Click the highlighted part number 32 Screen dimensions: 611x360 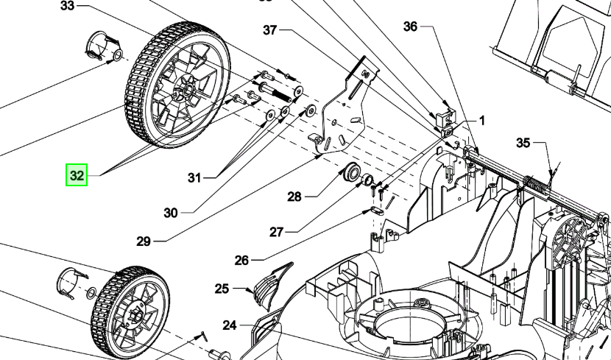[x=77, y=175]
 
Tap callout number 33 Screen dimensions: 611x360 [x=68, y=6]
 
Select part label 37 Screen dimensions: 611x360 [x=270, y=30]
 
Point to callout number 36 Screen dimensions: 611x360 [x=410, y=27]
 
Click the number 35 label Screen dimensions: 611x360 [x=523, y=143]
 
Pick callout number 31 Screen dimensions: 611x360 [x=194, y=178]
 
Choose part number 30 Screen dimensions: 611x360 [x=171, y=213]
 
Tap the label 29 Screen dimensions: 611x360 [x=144, y=241]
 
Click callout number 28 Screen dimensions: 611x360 [x=294, y=197]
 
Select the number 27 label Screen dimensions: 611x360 [x=276, y=232]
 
